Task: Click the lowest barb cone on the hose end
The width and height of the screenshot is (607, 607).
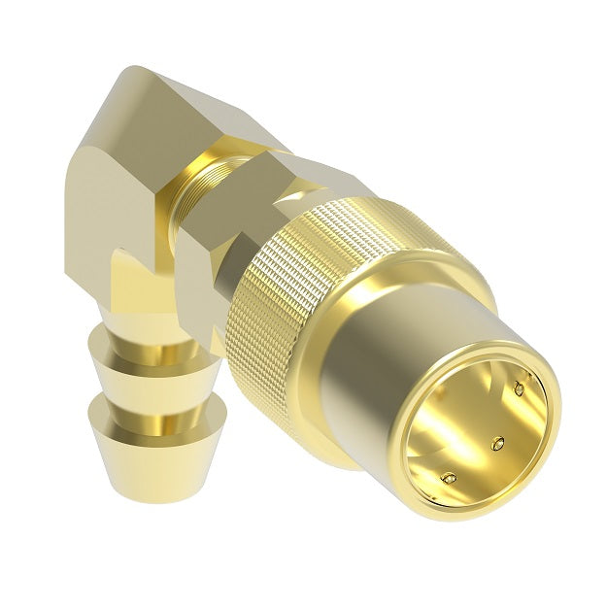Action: [x=155, y=447]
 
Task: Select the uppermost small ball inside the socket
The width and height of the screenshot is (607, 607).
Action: [x=519, y=390]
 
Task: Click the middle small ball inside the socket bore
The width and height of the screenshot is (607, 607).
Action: [x=498, y=444]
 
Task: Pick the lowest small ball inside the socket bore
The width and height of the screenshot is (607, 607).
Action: [x=448, y=477]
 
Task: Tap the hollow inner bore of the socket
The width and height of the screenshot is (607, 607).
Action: [x=476, y=427]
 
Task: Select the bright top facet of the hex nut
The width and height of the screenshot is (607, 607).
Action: [x=291, y=175]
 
